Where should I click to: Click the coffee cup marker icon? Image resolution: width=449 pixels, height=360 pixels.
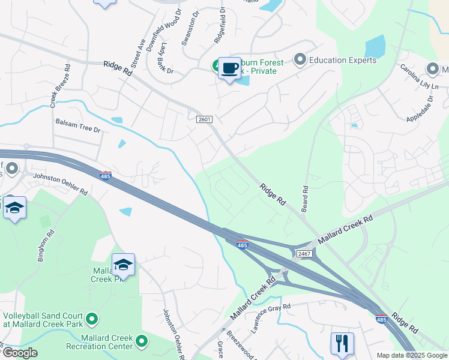click(229, 68)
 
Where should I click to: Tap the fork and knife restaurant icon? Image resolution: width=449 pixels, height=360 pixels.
click(342, 343)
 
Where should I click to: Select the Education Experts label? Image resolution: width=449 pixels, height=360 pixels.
click(342, 60)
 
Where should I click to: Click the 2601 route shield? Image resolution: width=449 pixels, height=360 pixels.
click(204, 119)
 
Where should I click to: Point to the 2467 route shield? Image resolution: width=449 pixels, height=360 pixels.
click(304, 254)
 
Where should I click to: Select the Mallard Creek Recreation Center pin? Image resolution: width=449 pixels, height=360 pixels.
click(142, 341)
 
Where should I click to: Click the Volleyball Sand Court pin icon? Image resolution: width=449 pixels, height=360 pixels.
click(91, 317)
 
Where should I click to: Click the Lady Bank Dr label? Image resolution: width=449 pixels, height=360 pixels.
click(161, 62)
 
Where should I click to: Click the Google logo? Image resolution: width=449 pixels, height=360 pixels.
click(19, 353)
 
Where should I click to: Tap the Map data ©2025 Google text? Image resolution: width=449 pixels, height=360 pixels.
click(412, 355)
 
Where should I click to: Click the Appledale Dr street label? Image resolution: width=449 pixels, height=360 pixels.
click(420, 108)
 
